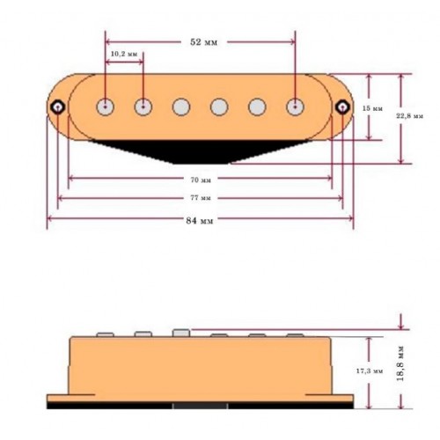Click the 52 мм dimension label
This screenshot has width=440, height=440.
point(204,42)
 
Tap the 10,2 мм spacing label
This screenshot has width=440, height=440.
point(124,54)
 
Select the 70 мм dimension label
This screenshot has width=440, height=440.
point(201,180)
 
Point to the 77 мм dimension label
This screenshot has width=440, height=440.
point(201,198)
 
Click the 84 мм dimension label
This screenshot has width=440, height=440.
point(200,220)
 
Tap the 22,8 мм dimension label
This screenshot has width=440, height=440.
point(410,116)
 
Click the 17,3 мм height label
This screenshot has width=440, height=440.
point(370,371)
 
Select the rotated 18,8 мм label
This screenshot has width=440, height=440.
point(400,363)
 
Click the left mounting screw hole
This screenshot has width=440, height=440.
point(58,107)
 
